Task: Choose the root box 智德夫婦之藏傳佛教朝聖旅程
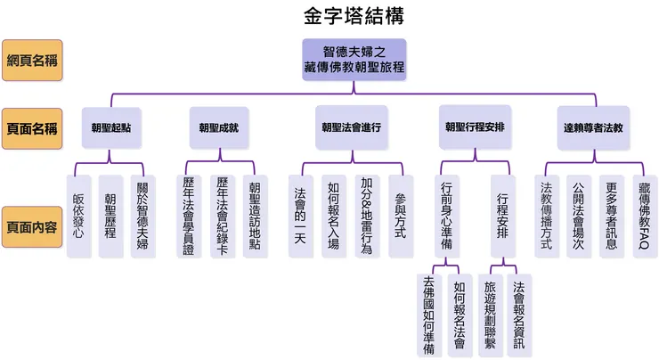pos(354,60)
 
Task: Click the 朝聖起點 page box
pos(110,127)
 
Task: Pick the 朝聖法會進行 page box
pos(351,127)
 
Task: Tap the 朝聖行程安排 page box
pos(475,127)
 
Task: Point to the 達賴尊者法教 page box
pos(593,127)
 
